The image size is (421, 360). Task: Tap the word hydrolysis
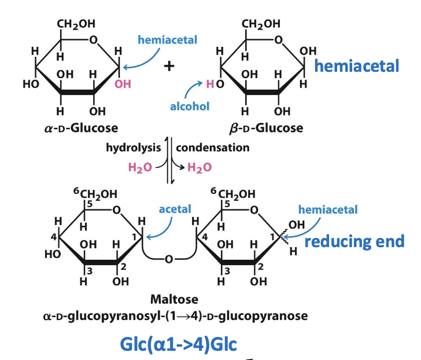tap(133, 148)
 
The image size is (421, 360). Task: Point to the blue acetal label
tap(175, 209)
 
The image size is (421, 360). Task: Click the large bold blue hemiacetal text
tap(357, 66)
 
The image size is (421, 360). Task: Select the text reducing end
tap(354, 241)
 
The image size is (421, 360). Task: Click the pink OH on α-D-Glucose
tap(123, 85)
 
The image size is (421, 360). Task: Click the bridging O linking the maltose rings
tap(168, 259)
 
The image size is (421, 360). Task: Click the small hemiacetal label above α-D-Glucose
tap(167, 40)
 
